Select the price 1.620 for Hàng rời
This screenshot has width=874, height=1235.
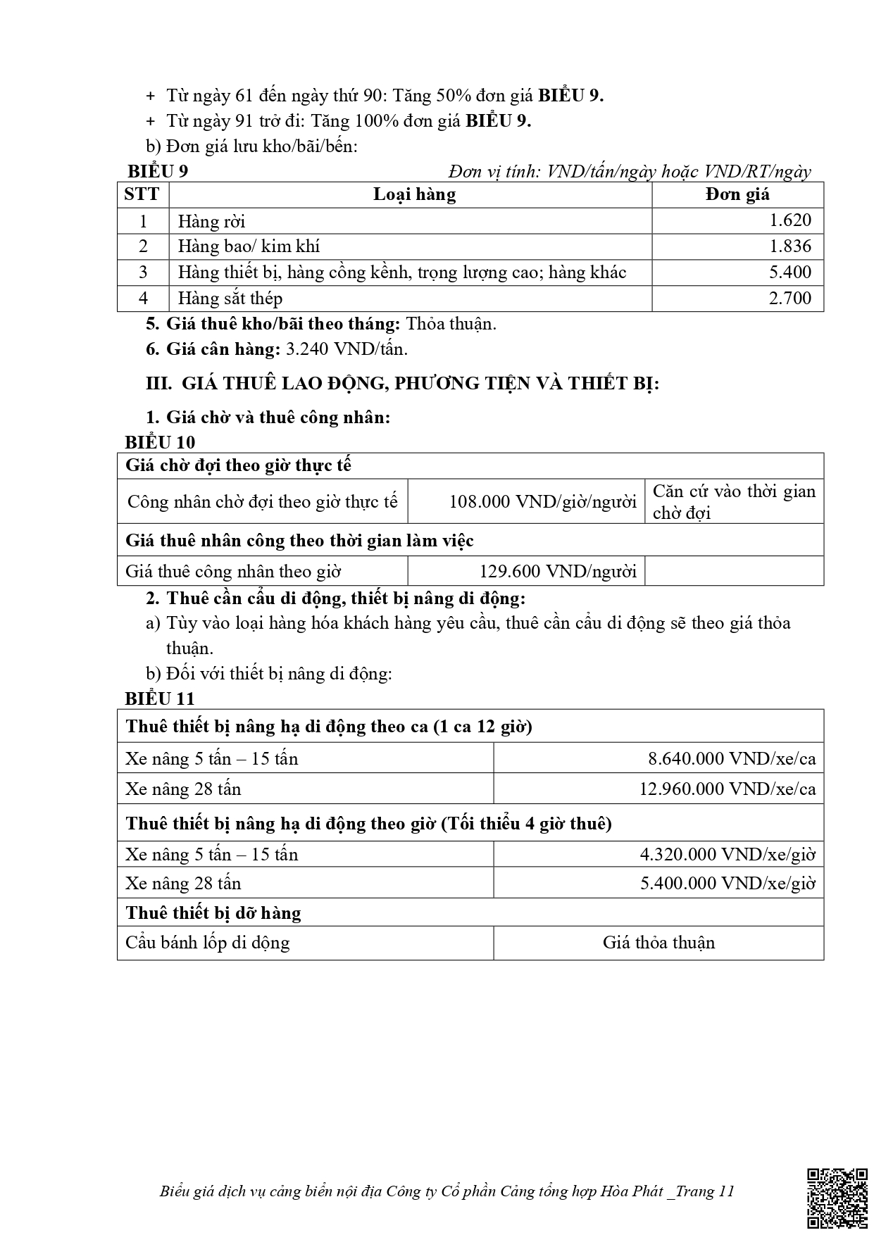click(x=789, y=220)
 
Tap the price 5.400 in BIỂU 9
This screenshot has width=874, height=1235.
click(x=789, y=272)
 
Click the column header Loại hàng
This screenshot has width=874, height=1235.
click(x=414, y=194)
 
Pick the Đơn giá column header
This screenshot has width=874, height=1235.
click(x=737, y=194)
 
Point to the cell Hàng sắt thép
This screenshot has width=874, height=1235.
click(x=230, y=299)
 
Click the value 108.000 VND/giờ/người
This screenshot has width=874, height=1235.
click(x=542, y=502)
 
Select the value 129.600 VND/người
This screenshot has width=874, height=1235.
click(x=557, y=571)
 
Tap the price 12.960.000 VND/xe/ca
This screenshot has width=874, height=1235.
click(x=727, y=789)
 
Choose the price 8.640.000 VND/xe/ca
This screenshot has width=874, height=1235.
click(x=731, y=758)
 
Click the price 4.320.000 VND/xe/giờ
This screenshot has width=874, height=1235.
click(x=727, y=855)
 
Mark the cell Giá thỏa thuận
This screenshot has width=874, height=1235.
click(x=658, y=943)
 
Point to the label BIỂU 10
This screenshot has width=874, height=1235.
click(x=160, y=442)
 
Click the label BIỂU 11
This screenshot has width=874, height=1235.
click(x=160, y=698)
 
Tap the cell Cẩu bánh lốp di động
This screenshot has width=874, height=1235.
click(x=207, y=943)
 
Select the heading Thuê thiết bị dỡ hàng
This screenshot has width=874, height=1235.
click(x=213, y=913)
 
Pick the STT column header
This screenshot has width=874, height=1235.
click(x=142, y=194)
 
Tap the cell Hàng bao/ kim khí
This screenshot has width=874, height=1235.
click(x=249, y=246)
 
